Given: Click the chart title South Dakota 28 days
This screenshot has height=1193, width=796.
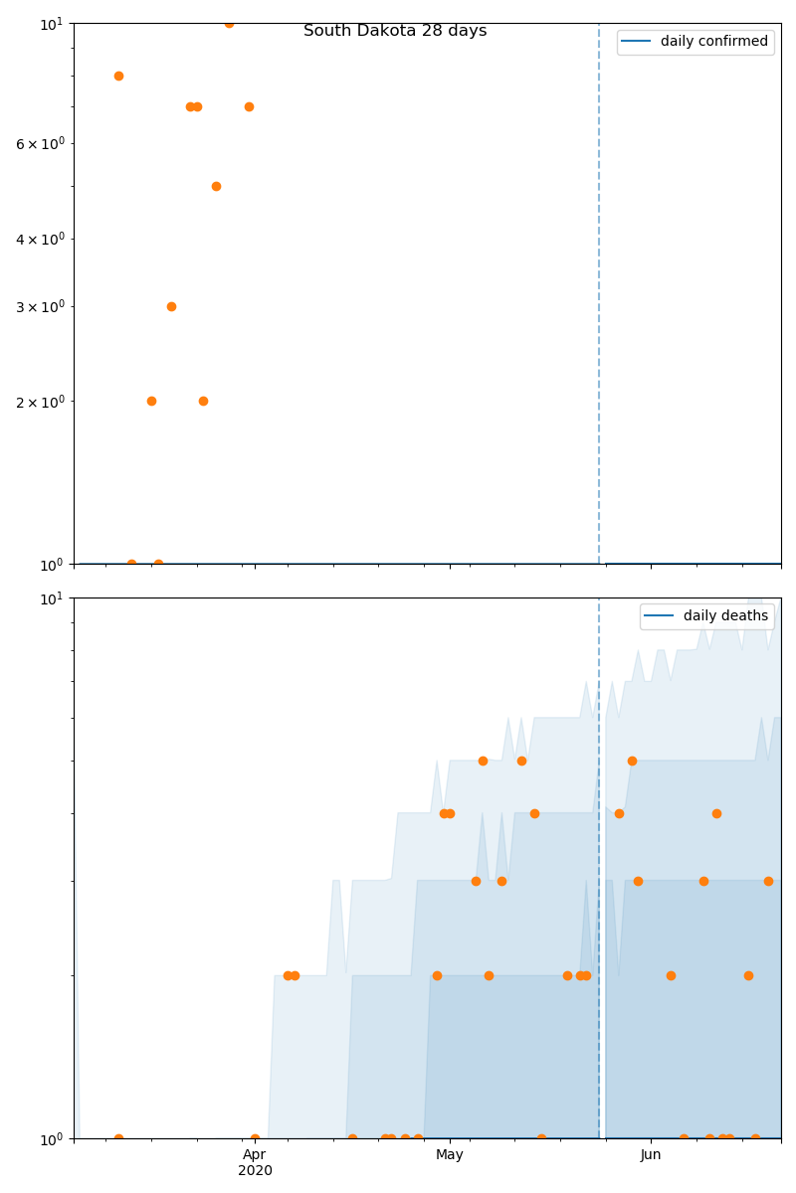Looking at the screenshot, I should coord(395,31).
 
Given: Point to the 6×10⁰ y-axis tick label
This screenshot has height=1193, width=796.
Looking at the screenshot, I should coord(39,143).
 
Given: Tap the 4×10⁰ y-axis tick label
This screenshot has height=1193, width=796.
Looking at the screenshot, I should coord(39,239).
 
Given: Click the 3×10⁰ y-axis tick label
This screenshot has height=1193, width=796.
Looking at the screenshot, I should coord(39,306).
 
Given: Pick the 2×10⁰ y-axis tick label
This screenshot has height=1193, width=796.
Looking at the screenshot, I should coord(39,402).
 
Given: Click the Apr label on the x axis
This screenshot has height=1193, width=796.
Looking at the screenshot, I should coord(255,1155).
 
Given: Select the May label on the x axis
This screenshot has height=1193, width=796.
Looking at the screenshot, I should coord(450,1155).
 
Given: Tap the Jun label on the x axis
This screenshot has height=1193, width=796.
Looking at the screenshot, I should coord(651,1155).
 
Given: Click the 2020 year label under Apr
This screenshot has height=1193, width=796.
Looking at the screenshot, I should coord(255,1171).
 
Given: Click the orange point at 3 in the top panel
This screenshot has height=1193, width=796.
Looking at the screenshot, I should coord(171,306).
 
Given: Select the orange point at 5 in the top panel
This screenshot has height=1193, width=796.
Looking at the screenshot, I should coord(216,186).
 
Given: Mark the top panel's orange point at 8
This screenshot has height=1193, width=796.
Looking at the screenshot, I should coord(118,76).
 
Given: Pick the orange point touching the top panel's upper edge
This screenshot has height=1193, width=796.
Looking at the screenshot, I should coord(229,23).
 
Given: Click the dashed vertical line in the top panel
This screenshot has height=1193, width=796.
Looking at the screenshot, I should coord(599,298).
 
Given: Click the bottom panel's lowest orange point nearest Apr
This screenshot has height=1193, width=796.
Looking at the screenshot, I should coord(255,1138).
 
